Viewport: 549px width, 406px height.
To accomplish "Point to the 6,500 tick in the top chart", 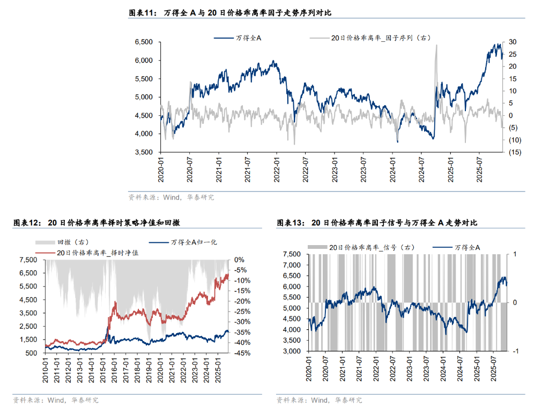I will point(143,42).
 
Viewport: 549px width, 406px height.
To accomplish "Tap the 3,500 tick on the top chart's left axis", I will point(143,152).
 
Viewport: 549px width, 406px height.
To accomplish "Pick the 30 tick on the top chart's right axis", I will point(513,42).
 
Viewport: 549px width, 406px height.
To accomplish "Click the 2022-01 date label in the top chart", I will point(277,167).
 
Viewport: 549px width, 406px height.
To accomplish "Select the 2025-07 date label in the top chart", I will point(479,167).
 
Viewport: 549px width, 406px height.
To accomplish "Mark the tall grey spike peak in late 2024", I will point(436,45).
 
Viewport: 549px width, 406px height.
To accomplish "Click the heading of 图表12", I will point(100,223).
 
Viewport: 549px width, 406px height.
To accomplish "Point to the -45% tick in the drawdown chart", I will point(238,353).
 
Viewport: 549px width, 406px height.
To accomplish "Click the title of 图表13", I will point(376,223).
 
